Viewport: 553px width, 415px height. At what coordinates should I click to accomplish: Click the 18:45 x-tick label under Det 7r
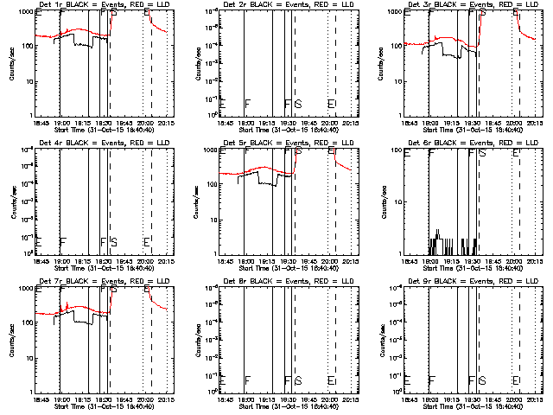point(40,400)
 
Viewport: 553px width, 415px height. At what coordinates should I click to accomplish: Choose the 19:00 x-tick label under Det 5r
point(246,262)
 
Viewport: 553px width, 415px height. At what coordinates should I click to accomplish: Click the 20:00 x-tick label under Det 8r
point(330,400)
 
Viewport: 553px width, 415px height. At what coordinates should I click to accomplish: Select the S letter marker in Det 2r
point(299,103)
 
